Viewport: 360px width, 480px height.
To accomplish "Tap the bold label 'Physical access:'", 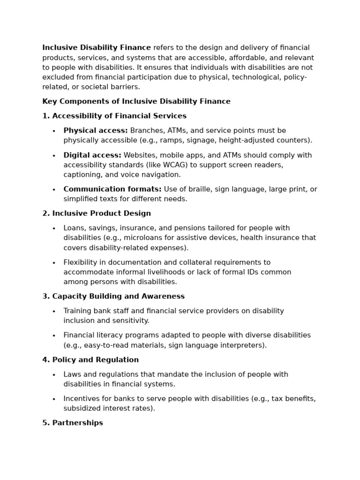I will tap(96, 130).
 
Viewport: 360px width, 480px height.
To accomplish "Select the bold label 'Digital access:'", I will tap(92, 155).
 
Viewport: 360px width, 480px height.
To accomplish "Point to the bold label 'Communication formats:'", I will tap(112, 189).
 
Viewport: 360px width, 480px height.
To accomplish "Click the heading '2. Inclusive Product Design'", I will tap(97, 213).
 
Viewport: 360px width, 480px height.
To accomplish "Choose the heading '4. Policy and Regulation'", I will tap(90, 360).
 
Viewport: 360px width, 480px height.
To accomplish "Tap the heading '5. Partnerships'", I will tap(73, 422).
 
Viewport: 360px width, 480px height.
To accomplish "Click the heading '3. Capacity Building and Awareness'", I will tap(113, 296).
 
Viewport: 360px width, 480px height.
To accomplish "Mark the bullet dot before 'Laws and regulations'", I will tap(54, 375).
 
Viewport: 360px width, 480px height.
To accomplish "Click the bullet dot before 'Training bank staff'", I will tap(54, 311).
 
